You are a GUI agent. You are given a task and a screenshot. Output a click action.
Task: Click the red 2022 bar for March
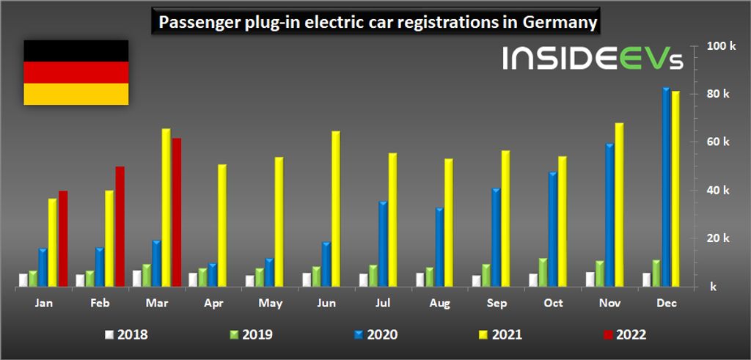176,213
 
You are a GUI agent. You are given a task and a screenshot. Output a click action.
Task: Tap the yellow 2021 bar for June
335,209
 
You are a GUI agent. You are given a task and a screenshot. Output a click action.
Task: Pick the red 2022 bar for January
63,238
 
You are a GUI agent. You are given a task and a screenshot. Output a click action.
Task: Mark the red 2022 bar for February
120,227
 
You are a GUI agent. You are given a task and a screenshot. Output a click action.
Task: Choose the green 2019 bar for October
543,272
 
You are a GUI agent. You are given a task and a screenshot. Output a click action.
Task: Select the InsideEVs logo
593,59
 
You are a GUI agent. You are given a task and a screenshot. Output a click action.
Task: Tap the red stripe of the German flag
76,73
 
